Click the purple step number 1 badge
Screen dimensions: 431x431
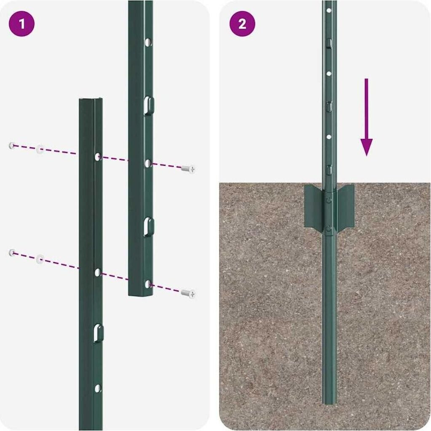tap(22, 24)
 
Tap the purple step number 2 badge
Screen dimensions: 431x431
tap(242, 24)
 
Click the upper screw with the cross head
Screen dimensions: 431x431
tap(188, 169)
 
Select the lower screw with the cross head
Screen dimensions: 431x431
tap(188, 293)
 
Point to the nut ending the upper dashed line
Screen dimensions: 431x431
tap(12, 145)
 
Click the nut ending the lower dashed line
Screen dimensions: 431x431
tap(12, 253)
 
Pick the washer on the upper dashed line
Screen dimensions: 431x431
tap(40, 149)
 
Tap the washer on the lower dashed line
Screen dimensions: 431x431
tap(40, 259)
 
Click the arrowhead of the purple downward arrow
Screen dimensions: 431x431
tap(367, 147)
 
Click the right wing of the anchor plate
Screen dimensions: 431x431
tap(345, 206)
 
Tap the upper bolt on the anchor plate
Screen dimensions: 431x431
tap(329, 200)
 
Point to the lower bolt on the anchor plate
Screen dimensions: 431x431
tap(329, 228)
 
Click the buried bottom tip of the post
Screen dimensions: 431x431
tap(329, 403)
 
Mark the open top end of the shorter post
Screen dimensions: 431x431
tap(91, 99)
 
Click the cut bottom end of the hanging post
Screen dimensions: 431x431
tap(140, 295)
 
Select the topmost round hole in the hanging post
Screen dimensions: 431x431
tap(148, 42)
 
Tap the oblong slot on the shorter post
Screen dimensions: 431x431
tap(98, 333)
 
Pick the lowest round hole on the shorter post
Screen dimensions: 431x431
tap(98, 388)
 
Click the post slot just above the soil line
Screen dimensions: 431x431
tap(329, 169)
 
